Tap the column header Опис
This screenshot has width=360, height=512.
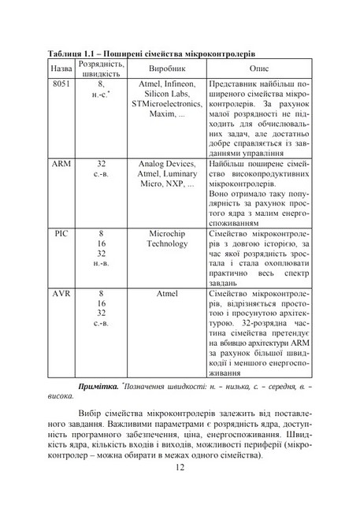pos(259,69)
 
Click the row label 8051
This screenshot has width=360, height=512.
pos(61,83)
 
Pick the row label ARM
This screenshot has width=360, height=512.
pos(61,164)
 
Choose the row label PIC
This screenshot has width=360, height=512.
pos(61,234)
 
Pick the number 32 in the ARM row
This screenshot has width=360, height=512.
pos(102,164)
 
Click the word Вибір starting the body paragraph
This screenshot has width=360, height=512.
pos(95,412)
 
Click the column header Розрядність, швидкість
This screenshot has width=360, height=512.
pos(102,69)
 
